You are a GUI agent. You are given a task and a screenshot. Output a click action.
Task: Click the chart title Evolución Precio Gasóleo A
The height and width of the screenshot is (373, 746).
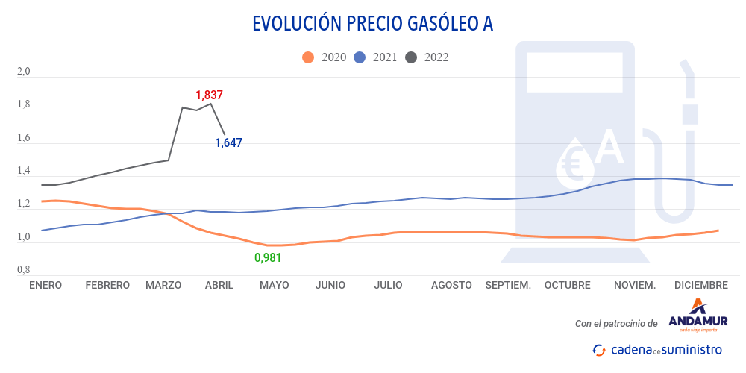(x=373, y=24)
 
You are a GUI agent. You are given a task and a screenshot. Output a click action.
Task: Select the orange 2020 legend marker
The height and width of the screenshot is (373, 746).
(x=307, y=57)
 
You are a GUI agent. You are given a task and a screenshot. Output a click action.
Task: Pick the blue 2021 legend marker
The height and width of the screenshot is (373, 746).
(x=359, y=57)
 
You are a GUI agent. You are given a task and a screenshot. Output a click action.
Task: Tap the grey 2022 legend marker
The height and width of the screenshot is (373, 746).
(x=410, y=57)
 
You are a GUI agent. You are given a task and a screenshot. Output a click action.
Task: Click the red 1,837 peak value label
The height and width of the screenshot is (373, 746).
(x=209, y=95)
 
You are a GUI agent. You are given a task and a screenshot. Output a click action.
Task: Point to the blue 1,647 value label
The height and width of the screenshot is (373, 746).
(x=228, y=142)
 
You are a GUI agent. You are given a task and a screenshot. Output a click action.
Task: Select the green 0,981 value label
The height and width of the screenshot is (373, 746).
(x=268, y=257)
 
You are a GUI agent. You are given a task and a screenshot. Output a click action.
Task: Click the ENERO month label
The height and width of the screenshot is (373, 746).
(x=45, y=285)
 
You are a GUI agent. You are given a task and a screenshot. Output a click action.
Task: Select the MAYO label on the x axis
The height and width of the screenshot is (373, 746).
(x=274, y=285)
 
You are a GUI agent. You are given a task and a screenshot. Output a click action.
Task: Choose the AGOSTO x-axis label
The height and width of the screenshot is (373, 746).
(x=451, y=285)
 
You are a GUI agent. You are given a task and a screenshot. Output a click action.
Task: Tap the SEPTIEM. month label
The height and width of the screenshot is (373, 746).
(x=508, y=285)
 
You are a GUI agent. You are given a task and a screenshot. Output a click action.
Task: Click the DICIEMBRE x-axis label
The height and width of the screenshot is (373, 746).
(x=700, y=285)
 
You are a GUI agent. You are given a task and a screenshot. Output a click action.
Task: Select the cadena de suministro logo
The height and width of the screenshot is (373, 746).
(x=656, y=349)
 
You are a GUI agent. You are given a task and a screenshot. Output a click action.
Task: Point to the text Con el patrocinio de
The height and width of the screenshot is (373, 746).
(x=616, y=324)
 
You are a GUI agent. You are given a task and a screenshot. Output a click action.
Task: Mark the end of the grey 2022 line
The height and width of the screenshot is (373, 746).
(x=225, y=134)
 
